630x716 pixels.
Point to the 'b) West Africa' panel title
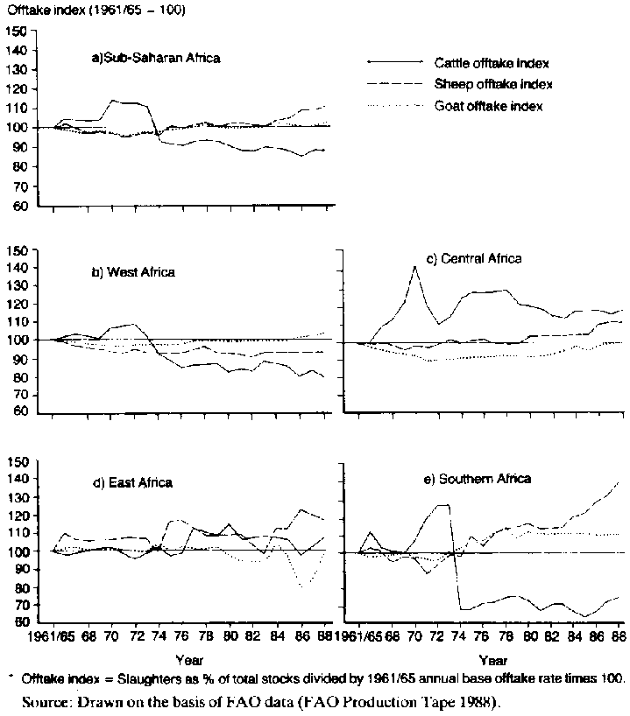coord(133,271)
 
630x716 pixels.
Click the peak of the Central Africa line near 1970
coord(414,267)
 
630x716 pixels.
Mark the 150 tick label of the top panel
coord(15,32)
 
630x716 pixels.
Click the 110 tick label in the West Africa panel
coord(15,322)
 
